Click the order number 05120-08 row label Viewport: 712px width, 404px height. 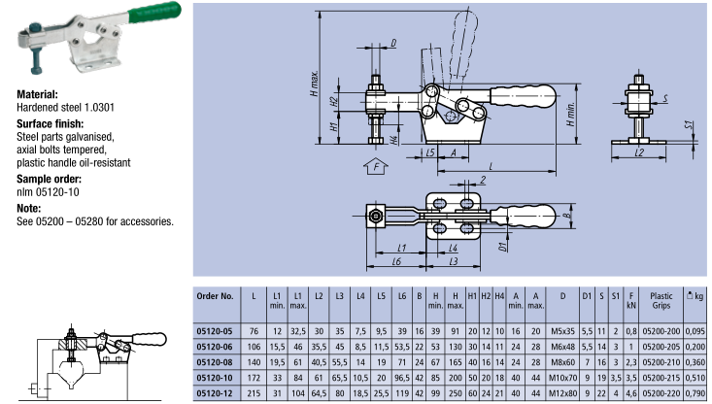click(215, 358)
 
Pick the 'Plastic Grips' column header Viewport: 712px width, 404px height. click(661, 300)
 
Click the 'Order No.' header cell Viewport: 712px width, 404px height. click(215, 296)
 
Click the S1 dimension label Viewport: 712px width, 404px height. click(689, 126)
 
